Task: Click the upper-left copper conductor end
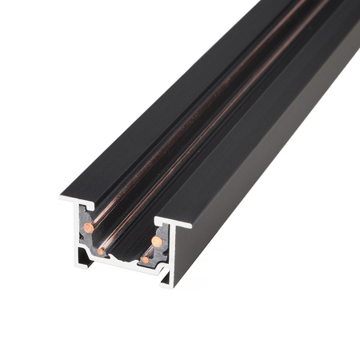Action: click(88, 228)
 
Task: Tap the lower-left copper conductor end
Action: click(102, 251)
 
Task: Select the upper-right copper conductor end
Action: click(158, 242)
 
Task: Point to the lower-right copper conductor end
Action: click(145, 260)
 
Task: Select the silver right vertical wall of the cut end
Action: click(170, 252)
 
